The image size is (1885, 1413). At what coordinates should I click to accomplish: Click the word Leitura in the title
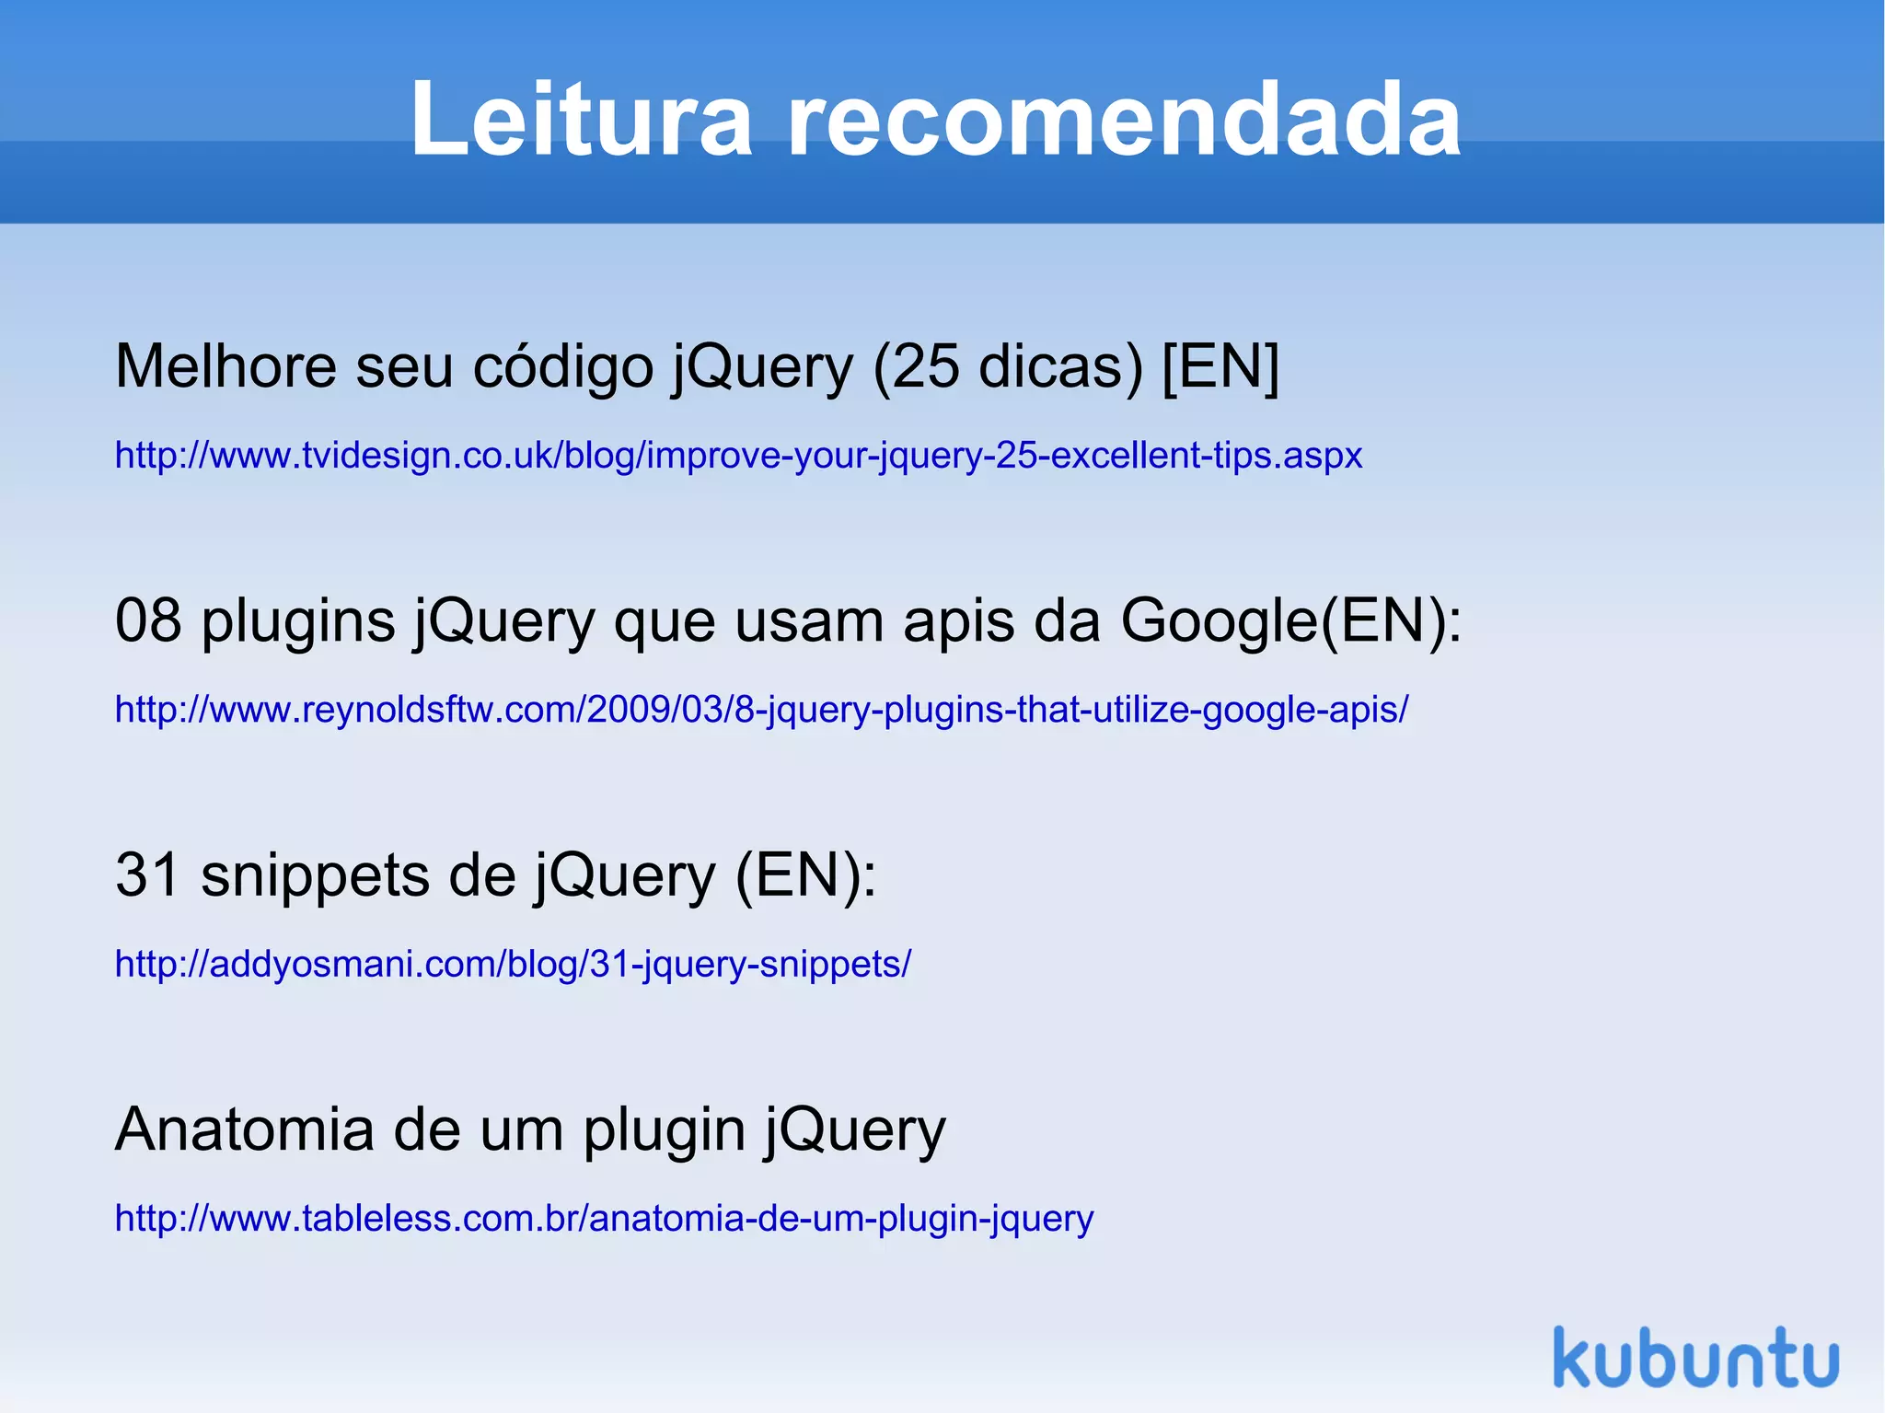[580, 120]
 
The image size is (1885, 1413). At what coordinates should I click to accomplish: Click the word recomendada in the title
[1124, 120]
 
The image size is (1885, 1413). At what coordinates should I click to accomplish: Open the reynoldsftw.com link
[761, 710]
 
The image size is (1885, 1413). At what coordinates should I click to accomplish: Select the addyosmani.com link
[513, 964]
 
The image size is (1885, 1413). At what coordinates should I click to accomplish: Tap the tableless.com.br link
[604, 1219]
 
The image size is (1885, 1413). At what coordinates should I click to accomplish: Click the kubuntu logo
[1695, 1358]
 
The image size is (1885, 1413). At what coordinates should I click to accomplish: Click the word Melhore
[226, 366]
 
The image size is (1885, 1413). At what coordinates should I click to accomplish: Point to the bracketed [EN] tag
[1220, 366]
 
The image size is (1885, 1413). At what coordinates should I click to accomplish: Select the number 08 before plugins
[148, 620]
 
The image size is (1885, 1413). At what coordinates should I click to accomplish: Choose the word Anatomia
[244, 1129]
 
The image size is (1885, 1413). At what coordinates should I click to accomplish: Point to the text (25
[916, 366]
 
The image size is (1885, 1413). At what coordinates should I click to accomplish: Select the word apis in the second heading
[958, 622]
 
